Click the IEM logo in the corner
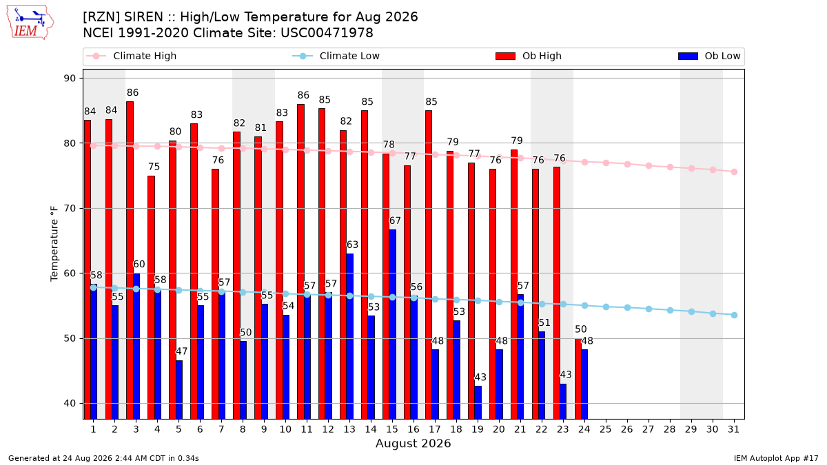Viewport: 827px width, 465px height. coord(30,23)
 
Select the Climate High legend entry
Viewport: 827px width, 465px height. coord(131,56)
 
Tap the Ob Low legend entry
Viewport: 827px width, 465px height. coord(709,56)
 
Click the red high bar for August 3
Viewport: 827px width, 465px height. coord(130,260)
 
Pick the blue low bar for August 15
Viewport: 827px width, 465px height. coord(392,324)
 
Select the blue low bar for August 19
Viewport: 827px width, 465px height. coord(478,402)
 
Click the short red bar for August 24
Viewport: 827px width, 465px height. coord(578,379)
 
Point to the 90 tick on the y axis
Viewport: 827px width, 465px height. coord(70,79)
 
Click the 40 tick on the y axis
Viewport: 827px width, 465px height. coord(70,404)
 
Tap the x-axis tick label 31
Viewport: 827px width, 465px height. coord(733,429)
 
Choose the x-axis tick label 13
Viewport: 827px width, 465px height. coord(349,429)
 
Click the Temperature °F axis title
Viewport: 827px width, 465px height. coord(54,244)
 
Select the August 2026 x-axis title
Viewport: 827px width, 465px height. coord(413,443)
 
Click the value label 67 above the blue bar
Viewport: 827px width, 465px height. coord(395,220)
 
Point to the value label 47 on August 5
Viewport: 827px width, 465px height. coord(181,351)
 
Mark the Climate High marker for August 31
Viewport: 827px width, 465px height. coord(734,172)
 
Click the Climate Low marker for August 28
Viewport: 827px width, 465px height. coord(670,311)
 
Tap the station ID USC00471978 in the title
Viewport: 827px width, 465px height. coord(327,33)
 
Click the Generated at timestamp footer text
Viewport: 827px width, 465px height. coord(103,458)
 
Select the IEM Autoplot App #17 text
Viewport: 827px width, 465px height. coord(776,458)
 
